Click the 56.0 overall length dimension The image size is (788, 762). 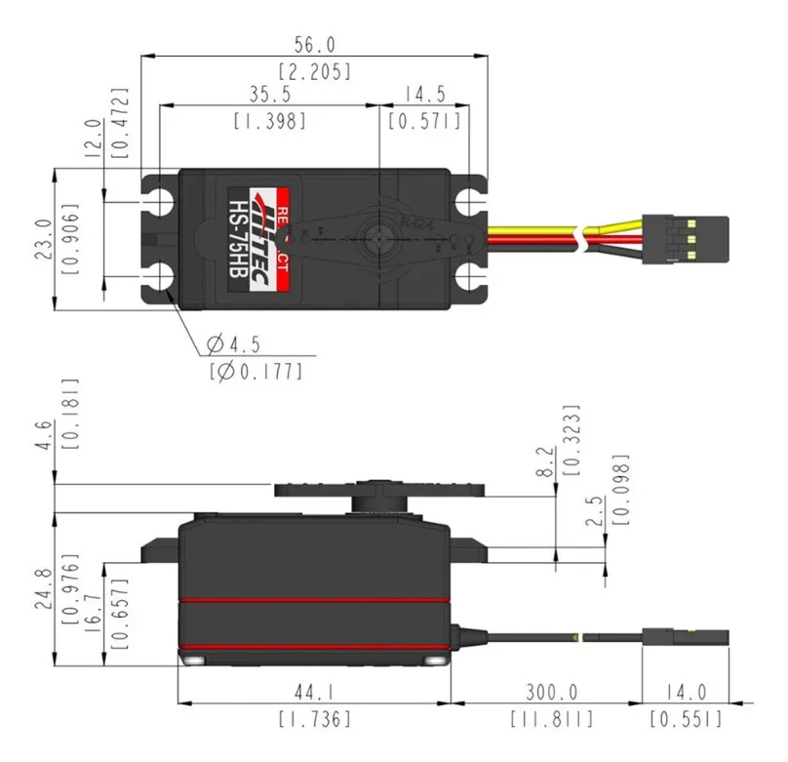(x=314, y=45)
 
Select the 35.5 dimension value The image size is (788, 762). (x=269, y=96)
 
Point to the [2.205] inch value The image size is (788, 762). (x=314, y=70)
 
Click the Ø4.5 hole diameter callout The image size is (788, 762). (x=233, y=344)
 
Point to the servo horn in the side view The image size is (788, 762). (x=379, y=492)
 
